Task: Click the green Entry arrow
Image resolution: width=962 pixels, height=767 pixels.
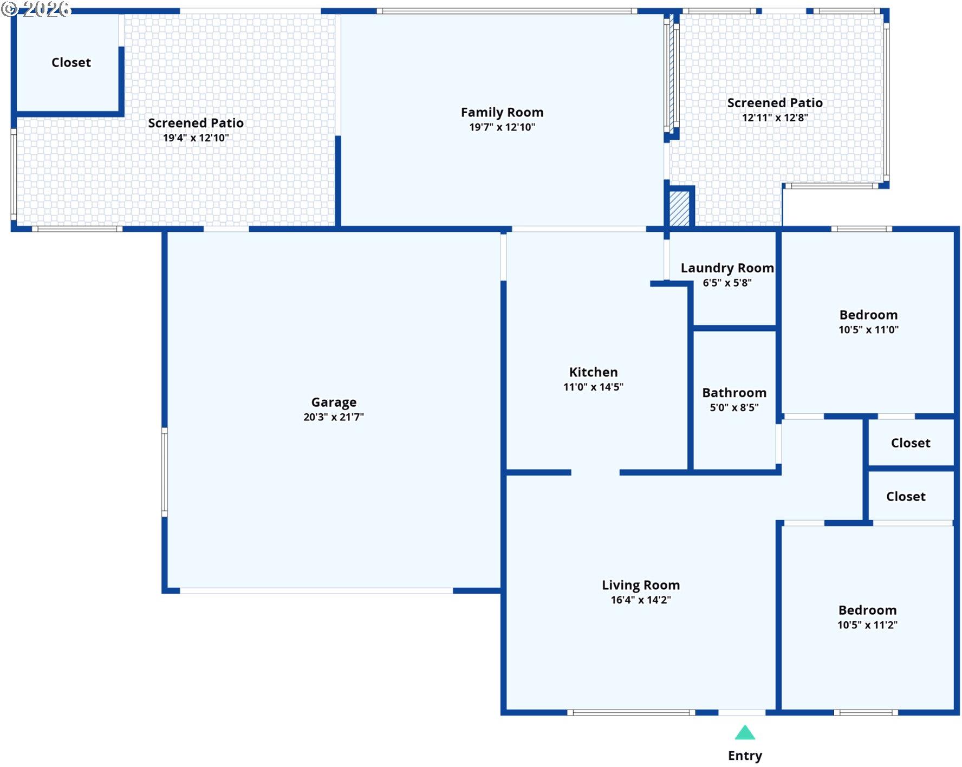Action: pos(745,732)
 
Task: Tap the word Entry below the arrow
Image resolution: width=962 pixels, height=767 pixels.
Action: pos(745,756)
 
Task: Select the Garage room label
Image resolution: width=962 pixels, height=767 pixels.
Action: pos(334,402)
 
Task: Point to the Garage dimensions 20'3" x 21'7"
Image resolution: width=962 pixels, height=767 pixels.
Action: pos(334,417)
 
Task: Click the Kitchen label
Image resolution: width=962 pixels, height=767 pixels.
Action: pos(593,372)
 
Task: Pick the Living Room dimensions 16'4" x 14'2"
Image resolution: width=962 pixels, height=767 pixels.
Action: pos(641,600)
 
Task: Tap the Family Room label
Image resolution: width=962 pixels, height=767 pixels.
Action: pos(502,113)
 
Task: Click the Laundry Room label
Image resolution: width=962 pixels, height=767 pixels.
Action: pos(727,268)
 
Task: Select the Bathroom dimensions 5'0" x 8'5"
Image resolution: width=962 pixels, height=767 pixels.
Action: pos(734,407)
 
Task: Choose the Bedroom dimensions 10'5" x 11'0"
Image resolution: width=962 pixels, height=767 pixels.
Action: pos(868,329)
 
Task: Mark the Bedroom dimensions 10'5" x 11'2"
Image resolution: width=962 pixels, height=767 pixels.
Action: pos(867,625)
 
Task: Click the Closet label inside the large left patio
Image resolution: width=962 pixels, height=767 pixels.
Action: pos(71,63)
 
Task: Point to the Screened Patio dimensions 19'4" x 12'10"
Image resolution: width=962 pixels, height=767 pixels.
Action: pos(196,138)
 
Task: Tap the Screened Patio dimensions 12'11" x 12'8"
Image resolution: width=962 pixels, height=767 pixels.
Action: pos(775,118)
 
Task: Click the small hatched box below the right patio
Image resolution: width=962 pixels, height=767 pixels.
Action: pos(679,208)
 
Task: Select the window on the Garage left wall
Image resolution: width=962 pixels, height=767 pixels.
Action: pos(165,472)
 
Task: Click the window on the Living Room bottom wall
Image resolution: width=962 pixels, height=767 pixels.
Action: pos(631,712)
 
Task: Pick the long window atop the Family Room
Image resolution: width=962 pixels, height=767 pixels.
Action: pos(507,11)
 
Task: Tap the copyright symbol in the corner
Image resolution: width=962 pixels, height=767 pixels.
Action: pos(10,9)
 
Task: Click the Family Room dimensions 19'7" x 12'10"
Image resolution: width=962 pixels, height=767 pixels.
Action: pos(502,127)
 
